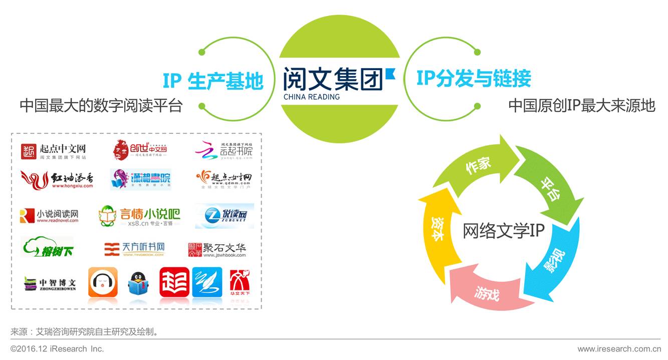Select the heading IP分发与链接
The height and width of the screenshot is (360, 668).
tap(474, 79)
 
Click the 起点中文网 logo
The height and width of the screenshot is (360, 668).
tap(54, 151)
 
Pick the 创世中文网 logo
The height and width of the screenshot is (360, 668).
tap(140, 150)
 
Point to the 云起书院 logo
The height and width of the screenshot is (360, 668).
tap(224, 150)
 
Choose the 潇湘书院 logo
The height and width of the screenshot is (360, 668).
tap(141, 179)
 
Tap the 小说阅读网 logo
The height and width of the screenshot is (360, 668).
tap(49, 216)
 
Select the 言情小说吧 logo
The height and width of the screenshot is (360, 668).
tap(139, 216)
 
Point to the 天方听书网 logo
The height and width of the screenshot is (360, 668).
tap(134, 248)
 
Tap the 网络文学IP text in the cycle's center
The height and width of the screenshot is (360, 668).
tap(503, 231)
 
